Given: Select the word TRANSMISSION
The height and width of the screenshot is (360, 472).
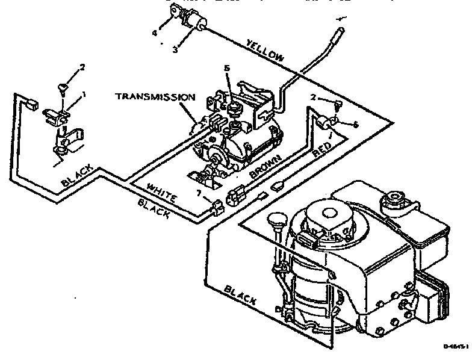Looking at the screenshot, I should pyautogui.click(x=155, y=96).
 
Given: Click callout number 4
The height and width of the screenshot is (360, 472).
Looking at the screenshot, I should pyautogui.click(x=154, y=33).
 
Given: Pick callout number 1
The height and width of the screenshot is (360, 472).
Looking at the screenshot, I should pyautogui.click(x=84, y=93).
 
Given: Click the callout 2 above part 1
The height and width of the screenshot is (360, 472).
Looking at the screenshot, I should pyautogui.click(x=83, y=67).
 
